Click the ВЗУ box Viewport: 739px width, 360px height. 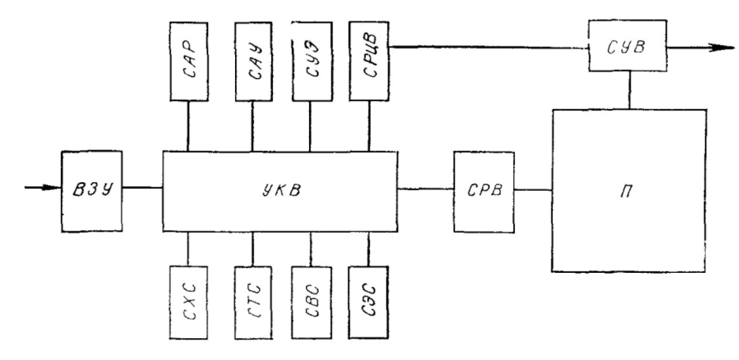pos(92,191)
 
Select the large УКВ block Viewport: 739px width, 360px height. pos(280,191)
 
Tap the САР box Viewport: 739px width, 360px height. pos(189,61)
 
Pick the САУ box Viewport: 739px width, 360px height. pos(254,61)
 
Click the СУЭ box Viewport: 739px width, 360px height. pos(312,61)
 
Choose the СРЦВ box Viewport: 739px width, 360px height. pos(369,61)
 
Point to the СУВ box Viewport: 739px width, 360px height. pos(628,45)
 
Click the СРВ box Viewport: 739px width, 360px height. pos(484,192)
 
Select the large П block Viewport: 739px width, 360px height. pos(629,191)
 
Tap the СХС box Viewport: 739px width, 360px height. pos(189,303)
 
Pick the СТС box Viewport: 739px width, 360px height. pos(253,303)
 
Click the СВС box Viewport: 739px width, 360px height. pos(312,303)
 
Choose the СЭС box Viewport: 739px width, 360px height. pos(369,303)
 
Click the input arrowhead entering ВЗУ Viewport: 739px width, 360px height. pos(53,188)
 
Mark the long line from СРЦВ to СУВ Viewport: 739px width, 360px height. pos(489,47)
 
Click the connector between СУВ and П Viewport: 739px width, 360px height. pos(630,90)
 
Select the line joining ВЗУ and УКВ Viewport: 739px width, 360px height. pos(143,188)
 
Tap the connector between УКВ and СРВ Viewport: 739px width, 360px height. pos(425,189)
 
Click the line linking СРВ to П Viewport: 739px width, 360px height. pos(533,190)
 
